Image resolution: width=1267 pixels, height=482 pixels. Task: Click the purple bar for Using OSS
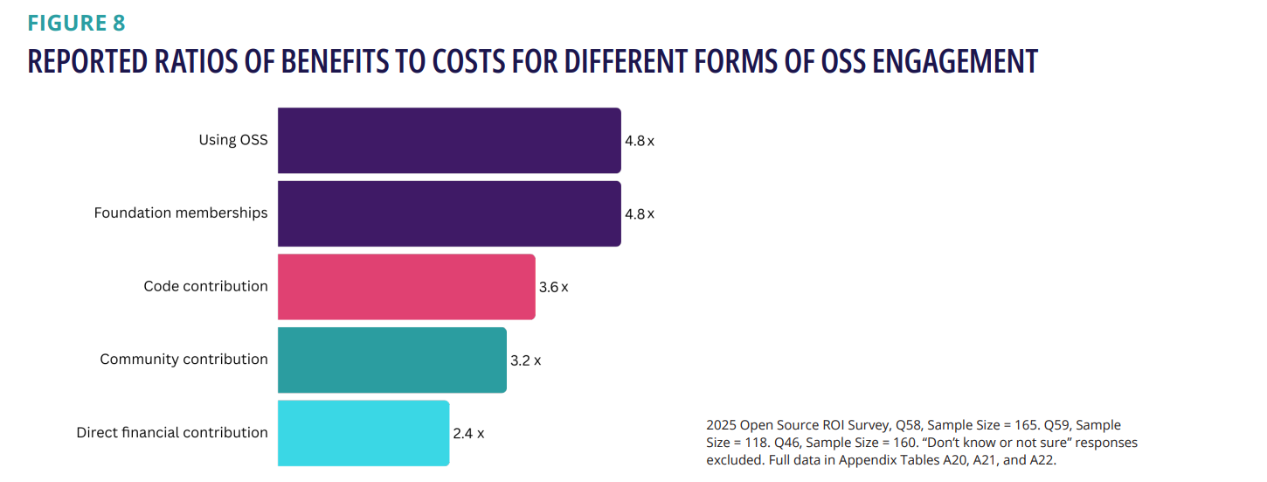click(449, 140)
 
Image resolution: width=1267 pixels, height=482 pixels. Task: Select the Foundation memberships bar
click(449, 213)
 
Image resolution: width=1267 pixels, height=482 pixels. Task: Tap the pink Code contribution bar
click(406, 287)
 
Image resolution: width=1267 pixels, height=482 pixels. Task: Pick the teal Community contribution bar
click(391, 360)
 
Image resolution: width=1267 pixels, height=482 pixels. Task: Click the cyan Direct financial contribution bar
click(363, 433)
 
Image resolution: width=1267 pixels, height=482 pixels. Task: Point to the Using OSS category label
click(233, 140)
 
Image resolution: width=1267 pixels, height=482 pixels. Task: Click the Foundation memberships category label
click(181, 213)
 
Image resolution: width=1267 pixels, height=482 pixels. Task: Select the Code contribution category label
click(205, 286)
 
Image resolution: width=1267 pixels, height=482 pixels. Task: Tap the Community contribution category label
click(183, 360)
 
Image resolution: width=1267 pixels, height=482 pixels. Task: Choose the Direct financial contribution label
click(172, 432)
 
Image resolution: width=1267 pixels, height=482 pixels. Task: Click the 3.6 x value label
click(553, 287)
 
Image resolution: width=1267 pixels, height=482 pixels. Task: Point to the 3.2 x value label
click(525, 360)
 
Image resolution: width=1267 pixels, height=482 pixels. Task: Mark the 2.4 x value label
click(468, 433)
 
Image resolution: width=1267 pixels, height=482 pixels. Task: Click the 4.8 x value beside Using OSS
click(639, 141)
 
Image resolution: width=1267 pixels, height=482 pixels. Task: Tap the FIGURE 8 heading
click(76, 24)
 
